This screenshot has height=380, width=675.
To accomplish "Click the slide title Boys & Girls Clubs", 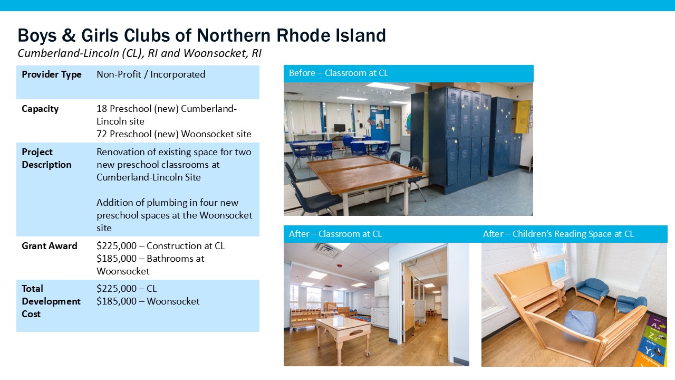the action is click(x=201, y=35).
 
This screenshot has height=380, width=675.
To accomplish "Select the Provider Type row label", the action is click(x=52, y=74).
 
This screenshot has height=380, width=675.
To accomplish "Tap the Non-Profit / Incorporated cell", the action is click(x=151, y=74).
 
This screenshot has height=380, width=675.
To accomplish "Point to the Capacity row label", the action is click(x=40, y=109).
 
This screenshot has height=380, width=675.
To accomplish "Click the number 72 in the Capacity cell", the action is click(x=102, y=134).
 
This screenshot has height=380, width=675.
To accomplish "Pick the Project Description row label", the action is click(x=46, y=158).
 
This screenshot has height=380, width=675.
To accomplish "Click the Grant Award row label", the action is click(x=50, y=246).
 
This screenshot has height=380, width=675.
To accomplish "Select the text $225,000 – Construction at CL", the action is click(x=161, y=246).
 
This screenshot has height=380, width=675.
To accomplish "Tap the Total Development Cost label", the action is click(x=51, y=301).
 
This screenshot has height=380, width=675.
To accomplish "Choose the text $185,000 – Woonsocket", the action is click(x=148, y=301).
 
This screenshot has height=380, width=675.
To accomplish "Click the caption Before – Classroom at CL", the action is click(x=339, y=73).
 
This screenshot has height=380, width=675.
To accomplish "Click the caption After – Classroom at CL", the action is click(x=335, y=234).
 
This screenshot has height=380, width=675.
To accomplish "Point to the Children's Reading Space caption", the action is click(x=558, y=234).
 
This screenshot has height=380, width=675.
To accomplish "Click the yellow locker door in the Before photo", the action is click(x=523, y=117).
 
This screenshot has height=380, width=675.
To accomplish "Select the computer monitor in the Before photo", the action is click(x=340, y=128).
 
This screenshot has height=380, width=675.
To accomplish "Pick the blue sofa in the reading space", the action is click(x=592, y=291).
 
